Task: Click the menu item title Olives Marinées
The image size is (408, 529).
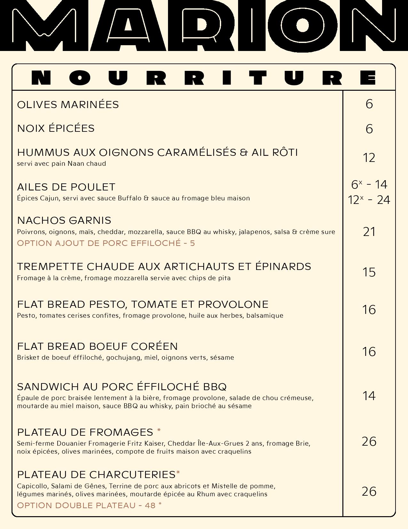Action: click(68, 105)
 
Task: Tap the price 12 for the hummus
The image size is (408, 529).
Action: click(369, 158)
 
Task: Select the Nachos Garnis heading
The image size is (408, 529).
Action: click(64, 221)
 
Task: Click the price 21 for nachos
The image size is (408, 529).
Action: click(369, 232)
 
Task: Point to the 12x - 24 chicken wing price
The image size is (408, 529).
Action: click(369, 200)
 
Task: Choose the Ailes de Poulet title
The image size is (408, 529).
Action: click(66, 187)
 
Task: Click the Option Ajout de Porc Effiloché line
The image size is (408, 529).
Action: click(106, 243)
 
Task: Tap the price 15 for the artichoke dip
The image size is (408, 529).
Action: click(369, 272)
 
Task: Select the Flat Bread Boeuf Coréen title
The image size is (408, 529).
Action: click(97, 347)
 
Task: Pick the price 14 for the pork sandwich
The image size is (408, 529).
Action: click(369, 396)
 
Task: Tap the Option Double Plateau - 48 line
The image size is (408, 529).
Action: click(89, 506)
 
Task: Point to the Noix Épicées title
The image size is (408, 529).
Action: click(56, 129)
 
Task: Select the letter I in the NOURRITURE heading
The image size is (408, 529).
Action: click(227, 78)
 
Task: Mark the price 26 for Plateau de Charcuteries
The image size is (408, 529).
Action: click(369, 491)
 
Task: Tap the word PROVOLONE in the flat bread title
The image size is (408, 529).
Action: click(233, 305)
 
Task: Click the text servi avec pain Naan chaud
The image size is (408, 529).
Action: click(61, 164)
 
